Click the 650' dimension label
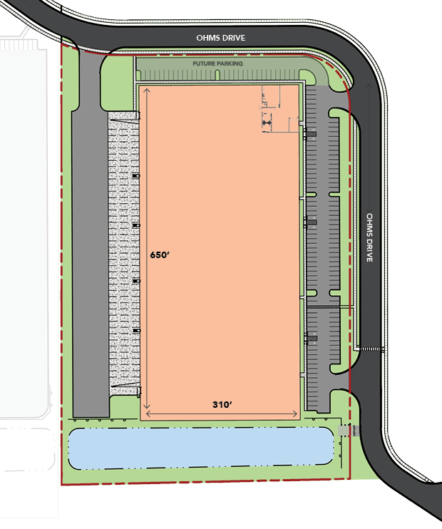(160, 255)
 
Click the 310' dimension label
(222, 404)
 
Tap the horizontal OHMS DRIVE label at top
(221, 38)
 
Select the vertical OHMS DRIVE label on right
(370, 237)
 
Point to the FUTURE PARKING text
(217, 63)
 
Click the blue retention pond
(201, 448)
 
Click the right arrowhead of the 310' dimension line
(296, 414)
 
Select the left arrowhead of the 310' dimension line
(148, 414)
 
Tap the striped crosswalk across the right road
(371, 349)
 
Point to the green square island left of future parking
(117, 83)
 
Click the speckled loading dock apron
(124, 253)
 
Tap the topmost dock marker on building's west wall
(135, 176)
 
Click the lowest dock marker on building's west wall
(136, 331)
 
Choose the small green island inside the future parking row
(217, 75)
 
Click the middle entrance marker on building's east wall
(310, 222)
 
